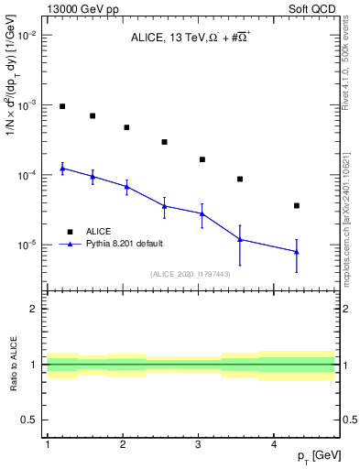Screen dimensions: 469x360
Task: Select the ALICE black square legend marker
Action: click(x=70, y=232)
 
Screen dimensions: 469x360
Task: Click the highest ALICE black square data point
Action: click(x=62, y=106)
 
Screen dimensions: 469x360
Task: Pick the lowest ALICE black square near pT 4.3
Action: click(x=297, y=205)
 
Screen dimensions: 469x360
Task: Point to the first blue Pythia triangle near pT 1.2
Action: click(x=62, y=169)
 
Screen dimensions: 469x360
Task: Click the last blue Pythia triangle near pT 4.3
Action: click(x=297, y=251)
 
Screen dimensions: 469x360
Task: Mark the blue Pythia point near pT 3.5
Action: click(x=240, y=239)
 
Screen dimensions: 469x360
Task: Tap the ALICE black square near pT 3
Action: click(x=202, y=159)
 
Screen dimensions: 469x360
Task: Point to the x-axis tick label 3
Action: click(x=199, y=444)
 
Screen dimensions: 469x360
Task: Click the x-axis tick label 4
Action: click(x=275, y=444)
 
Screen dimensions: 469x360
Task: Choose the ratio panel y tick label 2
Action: click(x=33, y=309)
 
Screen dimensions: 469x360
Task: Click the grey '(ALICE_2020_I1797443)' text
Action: click(x=191, y=273)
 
